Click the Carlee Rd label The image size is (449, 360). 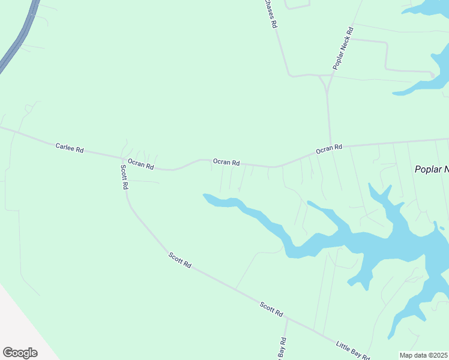[69, 147]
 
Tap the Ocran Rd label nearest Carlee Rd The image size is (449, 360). [140, 164]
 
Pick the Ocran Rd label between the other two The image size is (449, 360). [226, 162]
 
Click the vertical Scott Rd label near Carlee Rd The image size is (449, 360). [124, 177]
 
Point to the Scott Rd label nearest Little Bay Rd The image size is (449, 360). [271, 309]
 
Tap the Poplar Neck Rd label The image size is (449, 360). [343, 47]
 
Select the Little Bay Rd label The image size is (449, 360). [352, 350]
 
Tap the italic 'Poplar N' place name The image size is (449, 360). [432, 169]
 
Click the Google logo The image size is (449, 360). [20, 353]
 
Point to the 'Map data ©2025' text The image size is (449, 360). [424, 355]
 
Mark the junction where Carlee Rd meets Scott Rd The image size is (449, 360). [122, 159]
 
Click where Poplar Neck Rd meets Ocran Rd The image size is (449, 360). [331, 146]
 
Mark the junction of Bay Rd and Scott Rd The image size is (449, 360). [287, 319]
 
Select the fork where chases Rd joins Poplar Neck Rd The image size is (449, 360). [324, 76]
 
